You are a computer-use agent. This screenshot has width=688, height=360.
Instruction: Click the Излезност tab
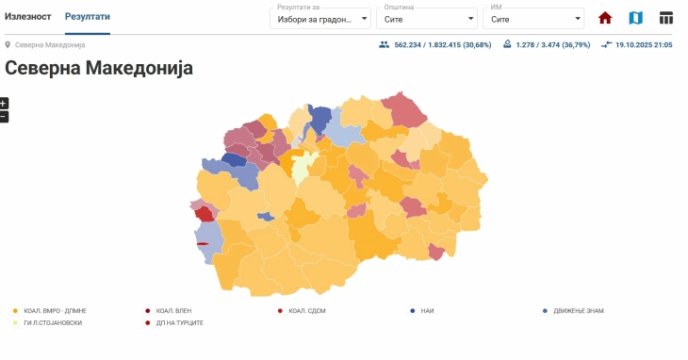pos(28,17)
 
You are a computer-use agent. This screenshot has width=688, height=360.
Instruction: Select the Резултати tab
pos(87,17)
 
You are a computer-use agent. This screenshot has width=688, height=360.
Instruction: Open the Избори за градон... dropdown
pos(320,18)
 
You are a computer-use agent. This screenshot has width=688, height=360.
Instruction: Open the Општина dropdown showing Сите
pos(427,18)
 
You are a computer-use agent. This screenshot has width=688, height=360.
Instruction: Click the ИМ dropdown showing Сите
pos(535,18)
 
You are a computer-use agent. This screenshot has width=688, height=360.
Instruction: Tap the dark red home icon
pos(605,18)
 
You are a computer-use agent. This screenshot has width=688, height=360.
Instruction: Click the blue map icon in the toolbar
pos(636,18)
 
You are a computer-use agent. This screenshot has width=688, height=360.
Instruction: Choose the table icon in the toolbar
pos(666,18)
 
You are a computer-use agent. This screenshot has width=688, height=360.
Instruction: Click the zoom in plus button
pos(4,104)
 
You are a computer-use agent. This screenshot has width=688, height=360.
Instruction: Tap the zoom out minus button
pos(4,117)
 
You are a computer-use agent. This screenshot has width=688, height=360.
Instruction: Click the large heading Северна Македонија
pos(99,68)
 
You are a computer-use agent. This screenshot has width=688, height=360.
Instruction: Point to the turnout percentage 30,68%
pos(474,44)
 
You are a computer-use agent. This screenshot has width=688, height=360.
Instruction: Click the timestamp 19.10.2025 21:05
pos(643,44)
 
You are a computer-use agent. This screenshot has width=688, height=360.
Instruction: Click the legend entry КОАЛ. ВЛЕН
pos(173,310)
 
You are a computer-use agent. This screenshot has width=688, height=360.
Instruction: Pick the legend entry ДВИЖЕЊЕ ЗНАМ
pos(578,310)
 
